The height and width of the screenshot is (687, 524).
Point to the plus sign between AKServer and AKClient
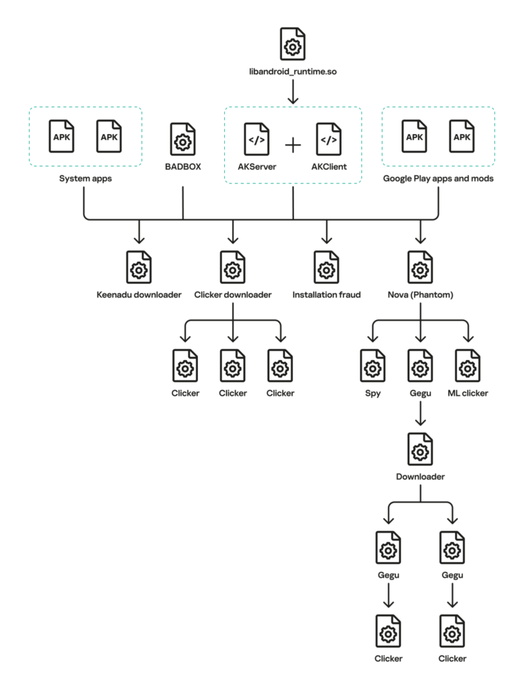coord(293,145)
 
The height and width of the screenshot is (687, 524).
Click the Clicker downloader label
coord(232,294)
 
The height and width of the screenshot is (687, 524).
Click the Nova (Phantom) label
coord(421,294)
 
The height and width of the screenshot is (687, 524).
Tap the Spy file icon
coord(373,366)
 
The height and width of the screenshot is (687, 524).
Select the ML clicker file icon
coord(467,366)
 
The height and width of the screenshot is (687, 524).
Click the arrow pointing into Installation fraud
coord(327,233)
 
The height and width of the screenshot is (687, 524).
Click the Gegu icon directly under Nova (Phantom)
coord(420,366)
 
